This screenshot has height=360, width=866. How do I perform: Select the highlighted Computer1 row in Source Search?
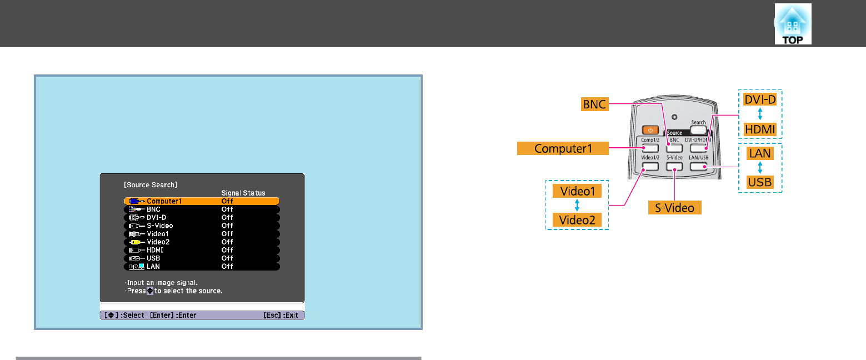coord(201,201)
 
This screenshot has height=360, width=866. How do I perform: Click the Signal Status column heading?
coord(243,193)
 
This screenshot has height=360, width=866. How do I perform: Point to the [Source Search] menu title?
coord(151,183)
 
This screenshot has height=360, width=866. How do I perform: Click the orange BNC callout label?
coord(593,103)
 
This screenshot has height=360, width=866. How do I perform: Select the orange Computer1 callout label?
coord(563,148)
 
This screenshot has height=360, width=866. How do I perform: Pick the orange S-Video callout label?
coord(674,208)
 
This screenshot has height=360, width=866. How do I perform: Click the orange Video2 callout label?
coord(577,220)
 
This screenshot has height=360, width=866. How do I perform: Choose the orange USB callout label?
coord(759,182)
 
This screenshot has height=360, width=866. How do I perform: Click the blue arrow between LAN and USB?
coord(759,167)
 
